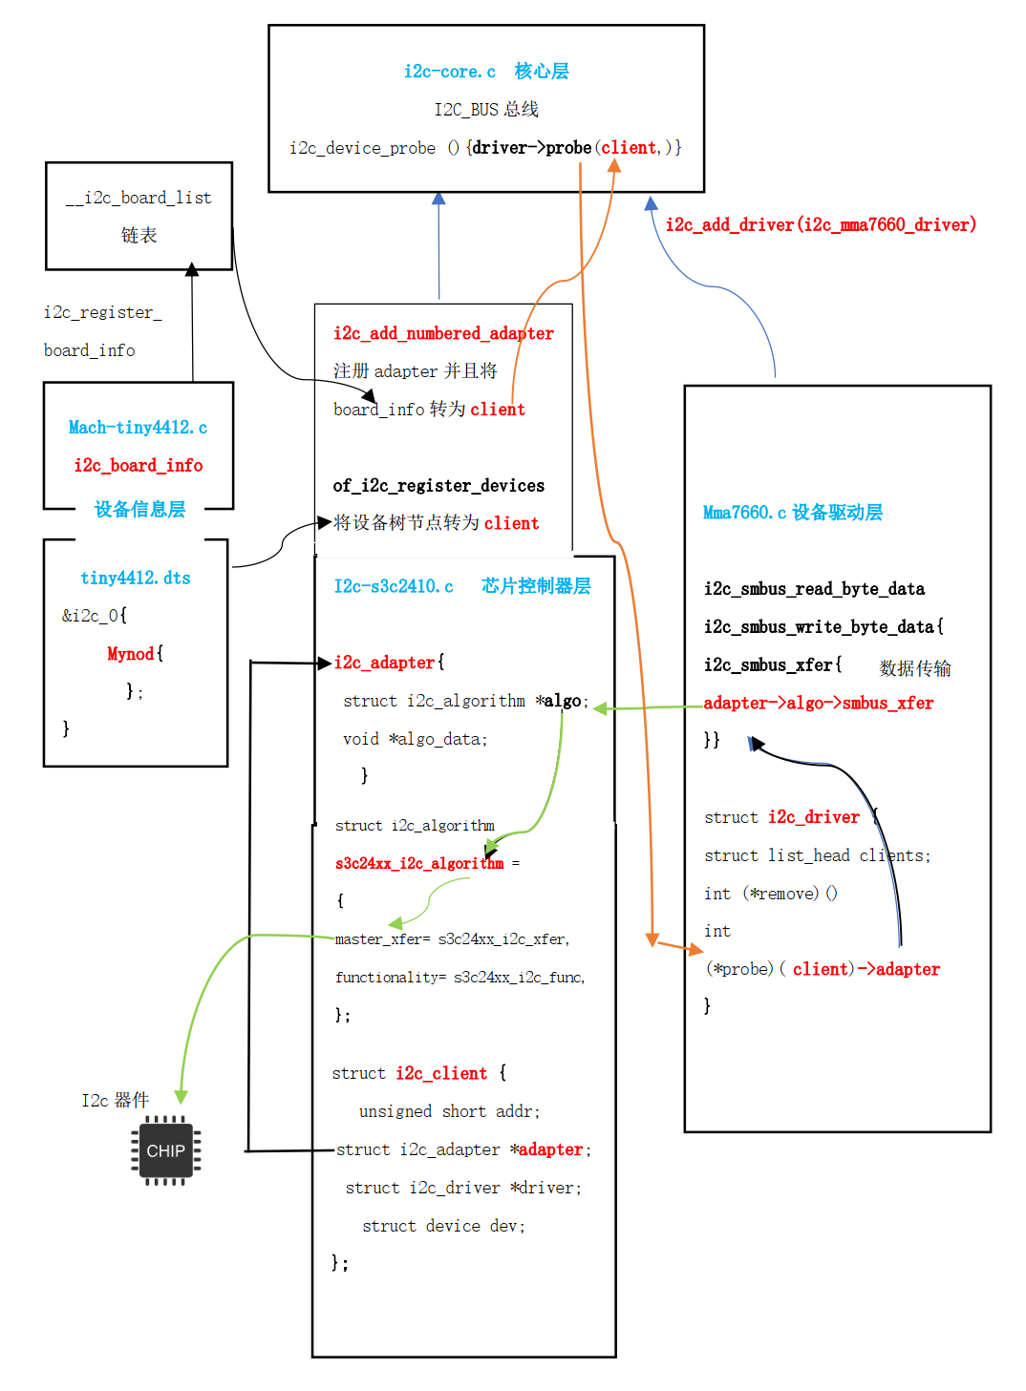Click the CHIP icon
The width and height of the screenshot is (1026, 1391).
(166, 1150)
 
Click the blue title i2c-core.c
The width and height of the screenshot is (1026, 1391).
(449, 72)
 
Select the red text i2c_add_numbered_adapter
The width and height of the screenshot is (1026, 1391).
(443, 333)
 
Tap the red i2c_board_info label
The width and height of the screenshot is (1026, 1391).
(139, 465)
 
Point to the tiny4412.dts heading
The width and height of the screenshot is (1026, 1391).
(136, 578)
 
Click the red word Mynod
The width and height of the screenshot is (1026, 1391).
(131, 654)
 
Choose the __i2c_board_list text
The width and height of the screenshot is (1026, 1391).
(139, 198)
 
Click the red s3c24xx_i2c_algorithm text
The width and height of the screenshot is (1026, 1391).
(418, 863)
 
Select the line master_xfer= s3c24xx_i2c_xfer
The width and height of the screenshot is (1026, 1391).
(452, 939)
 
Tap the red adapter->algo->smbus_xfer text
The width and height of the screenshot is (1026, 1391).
(818, 703)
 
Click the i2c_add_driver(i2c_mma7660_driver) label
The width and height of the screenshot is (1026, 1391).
(821, 224)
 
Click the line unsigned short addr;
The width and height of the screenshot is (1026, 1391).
(449, 1111)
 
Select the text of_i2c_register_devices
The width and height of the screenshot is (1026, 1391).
(438, 485)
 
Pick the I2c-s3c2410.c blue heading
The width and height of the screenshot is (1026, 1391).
(394, 586)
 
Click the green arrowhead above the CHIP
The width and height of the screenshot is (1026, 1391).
(181, 1097)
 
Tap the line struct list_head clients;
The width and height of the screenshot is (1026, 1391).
(817, 855)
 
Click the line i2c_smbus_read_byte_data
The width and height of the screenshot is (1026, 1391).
(814, 589)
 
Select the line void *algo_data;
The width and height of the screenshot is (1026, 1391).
(415, 739)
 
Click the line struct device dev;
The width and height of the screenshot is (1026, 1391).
(443, 1226)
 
